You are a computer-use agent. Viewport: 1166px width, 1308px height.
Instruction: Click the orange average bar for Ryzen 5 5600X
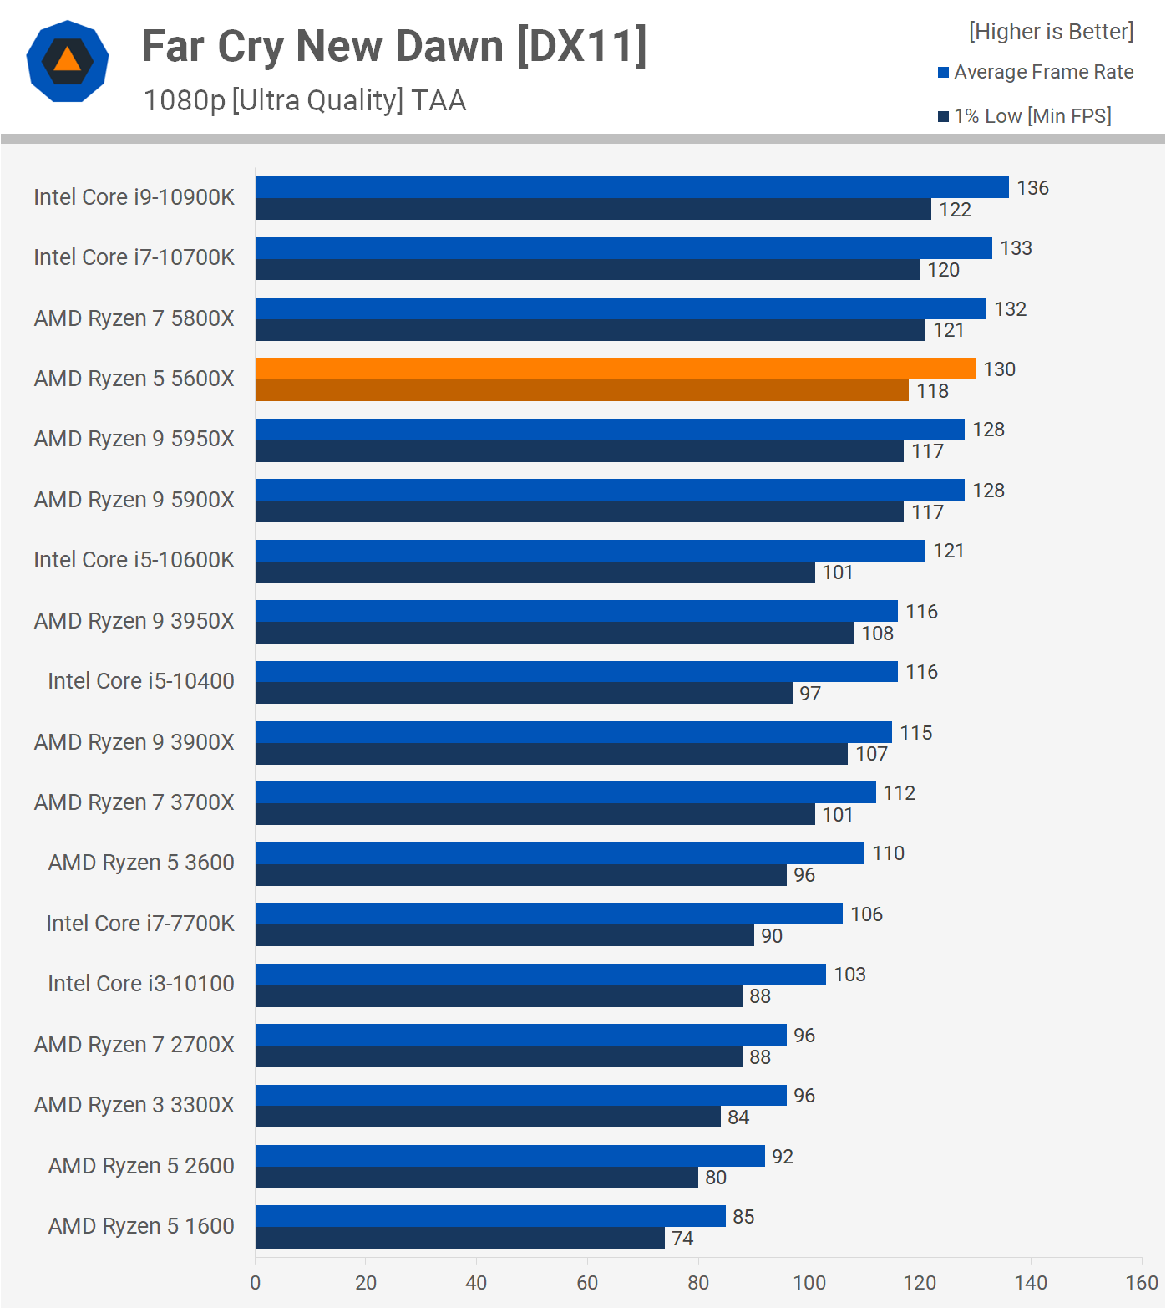[615, 369]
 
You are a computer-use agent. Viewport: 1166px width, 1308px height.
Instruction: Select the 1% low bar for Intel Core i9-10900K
[593, 210]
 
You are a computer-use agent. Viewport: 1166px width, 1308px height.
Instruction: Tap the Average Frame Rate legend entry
[1036, 72]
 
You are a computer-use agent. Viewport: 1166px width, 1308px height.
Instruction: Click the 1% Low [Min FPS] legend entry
[1025, 116]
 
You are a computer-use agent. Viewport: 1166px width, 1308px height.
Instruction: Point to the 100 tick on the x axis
[809, 1282]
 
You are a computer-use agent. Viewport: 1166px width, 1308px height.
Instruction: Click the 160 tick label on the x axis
[1141, 1282]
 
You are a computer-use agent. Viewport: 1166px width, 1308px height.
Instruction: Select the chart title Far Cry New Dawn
[394, 47]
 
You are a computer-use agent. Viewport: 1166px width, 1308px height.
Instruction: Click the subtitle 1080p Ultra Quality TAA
[305, 100]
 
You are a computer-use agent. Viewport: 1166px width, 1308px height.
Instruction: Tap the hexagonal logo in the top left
[68, 61]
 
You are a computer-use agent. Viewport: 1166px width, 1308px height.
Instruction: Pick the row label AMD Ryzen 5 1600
[141, 1226]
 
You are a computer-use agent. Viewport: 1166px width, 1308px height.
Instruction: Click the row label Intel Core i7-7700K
[140, 924]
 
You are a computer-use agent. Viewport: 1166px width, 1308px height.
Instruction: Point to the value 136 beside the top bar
[1032, 188]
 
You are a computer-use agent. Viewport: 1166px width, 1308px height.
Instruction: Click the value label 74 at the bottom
[682, 1239]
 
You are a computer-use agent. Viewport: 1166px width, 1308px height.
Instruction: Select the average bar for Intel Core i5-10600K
[590, 551]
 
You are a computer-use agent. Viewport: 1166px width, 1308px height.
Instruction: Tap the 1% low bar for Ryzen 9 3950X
[554, 634]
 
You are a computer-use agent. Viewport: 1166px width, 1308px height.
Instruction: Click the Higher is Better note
[1051, 32]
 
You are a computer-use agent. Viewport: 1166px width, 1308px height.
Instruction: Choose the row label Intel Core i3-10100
[141, 984]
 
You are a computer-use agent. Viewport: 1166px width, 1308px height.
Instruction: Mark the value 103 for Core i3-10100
[849, 975]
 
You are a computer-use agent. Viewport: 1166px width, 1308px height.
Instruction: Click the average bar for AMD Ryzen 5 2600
[509, 1156]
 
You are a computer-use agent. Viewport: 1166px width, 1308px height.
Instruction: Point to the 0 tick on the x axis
[256, 1282]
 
